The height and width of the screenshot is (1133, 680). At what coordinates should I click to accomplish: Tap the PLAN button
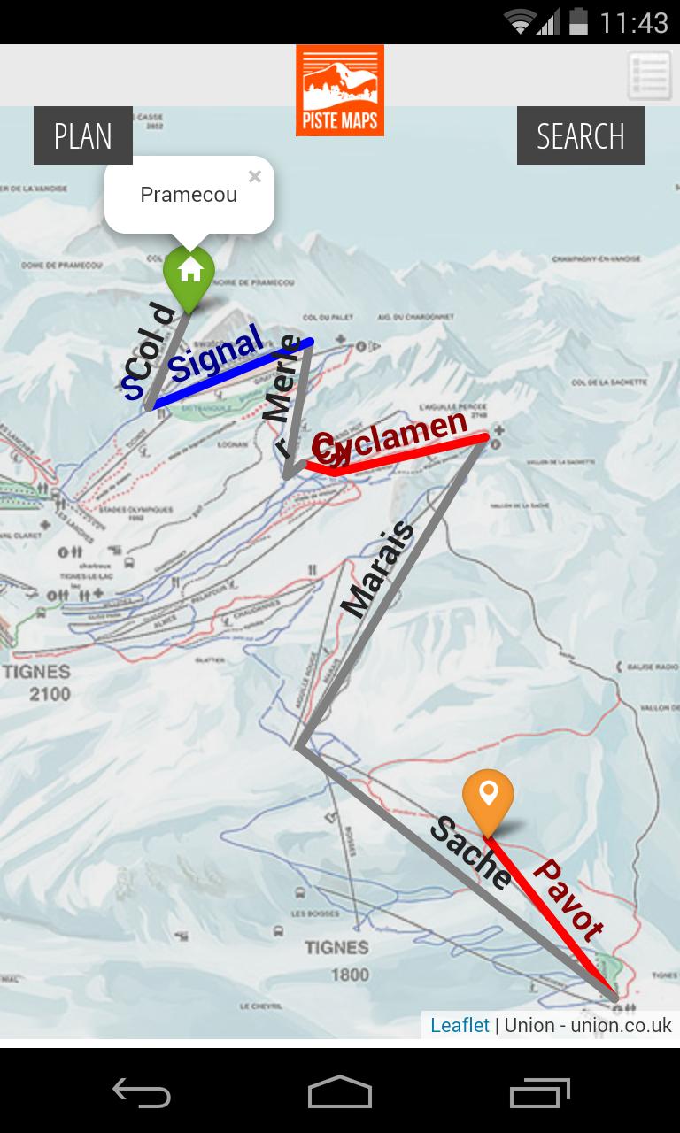pyautogui.click(x=83, y=136)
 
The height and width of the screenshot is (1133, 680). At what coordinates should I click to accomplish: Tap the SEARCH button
pyautogui.click(x=580, y=136)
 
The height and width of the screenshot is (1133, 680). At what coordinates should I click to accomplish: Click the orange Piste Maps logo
pyautogui.click(x=340, y=90)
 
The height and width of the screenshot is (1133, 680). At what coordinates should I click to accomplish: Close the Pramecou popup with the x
pyautogui.click(x=255, y=176)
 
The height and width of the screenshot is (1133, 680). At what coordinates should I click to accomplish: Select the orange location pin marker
pyautogui.click(x=488, y=797)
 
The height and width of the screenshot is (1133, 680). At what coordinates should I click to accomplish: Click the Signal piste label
pyautogui.click(x=217, y=353)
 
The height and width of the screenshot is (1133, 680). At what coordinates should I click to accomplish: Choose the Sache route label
pyautogui.click(x=470, y=853)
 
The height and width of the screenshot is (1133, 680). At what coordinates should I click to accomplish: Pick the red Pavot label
pyautogui.click(x=568, y=899)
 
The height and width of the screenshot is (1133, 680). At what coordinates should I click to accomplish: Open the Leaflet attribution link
pyautogui.click(x=460, y=1025)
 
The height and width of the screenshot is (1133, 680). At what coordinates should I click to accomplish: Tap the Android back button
pyautogui.click(x=142, y=1092)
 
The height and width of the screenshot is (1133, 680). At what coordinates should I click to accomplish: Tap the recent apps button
pyautogui.click(x=541, y=1092)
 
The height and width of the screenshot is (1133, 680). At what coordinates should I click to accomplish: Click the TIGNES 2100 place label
pyautogui.click(x=37, y=682)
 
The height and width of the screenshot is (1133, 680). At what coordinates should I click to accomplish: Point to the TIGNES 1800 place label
pyautogui.click(x=336, y=960)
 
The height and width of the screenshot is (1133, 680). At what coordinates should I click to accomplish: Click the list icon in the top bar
pyautogui.click(x=649, y=75)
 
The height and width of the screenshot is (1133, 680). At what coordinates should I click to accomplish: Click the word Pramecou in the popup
pyautogui.click(x=189, y=195)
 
